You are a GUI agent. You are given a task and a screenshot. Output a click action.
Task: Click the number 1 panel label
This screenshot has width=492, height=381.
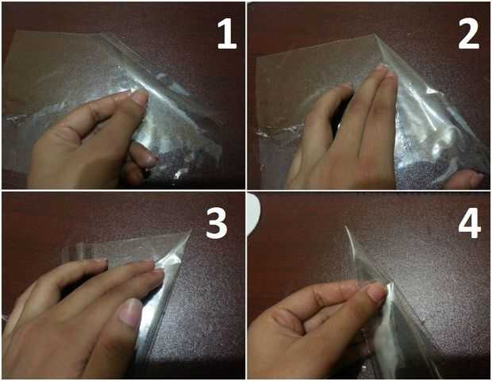(x=227, y=34)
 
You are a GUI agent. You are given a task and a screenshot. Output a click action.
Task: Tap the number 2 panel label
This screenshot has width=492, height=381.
(x=469, y=34)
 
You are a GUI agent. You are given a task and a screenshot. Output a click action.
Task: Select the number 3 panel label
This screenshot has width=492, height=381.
(x=217, y=223)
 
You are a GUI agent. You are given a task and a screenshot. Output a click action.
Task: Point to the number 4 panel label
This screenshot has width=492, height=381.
(x=470, y=223)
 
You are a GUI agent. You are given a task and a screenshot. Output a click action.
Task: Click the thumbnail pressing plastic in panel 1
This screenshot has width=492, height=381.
(x=139, y=97)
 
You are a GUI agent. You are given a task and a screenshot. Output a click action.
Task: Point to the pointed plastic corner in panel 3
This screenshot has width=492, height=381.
(x=190, y=232)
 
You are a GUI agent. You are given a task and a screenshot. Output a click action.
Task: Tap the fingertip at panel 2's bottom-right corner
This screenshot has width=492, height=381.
(x=467, y=179)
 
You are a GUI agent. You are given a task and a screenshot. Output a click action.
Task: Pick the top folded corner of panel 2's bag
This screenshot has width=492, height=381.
(x=376, y=37)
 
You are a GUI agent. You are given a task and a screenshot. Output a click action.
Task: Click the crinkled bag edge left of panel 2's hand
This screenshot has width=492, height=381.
(x=276, y=130)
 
